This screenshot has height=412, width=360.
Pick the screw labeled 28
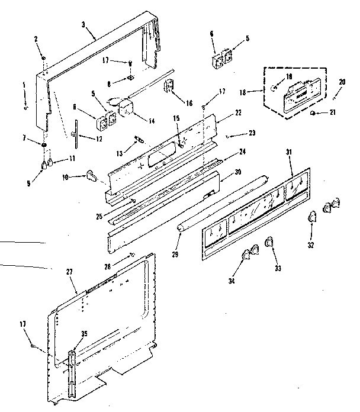pos(131,254)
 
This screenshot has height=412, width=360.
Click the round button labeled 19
pos(273,86)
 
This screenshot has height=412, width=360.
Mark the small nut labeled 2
pos(44,57)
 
